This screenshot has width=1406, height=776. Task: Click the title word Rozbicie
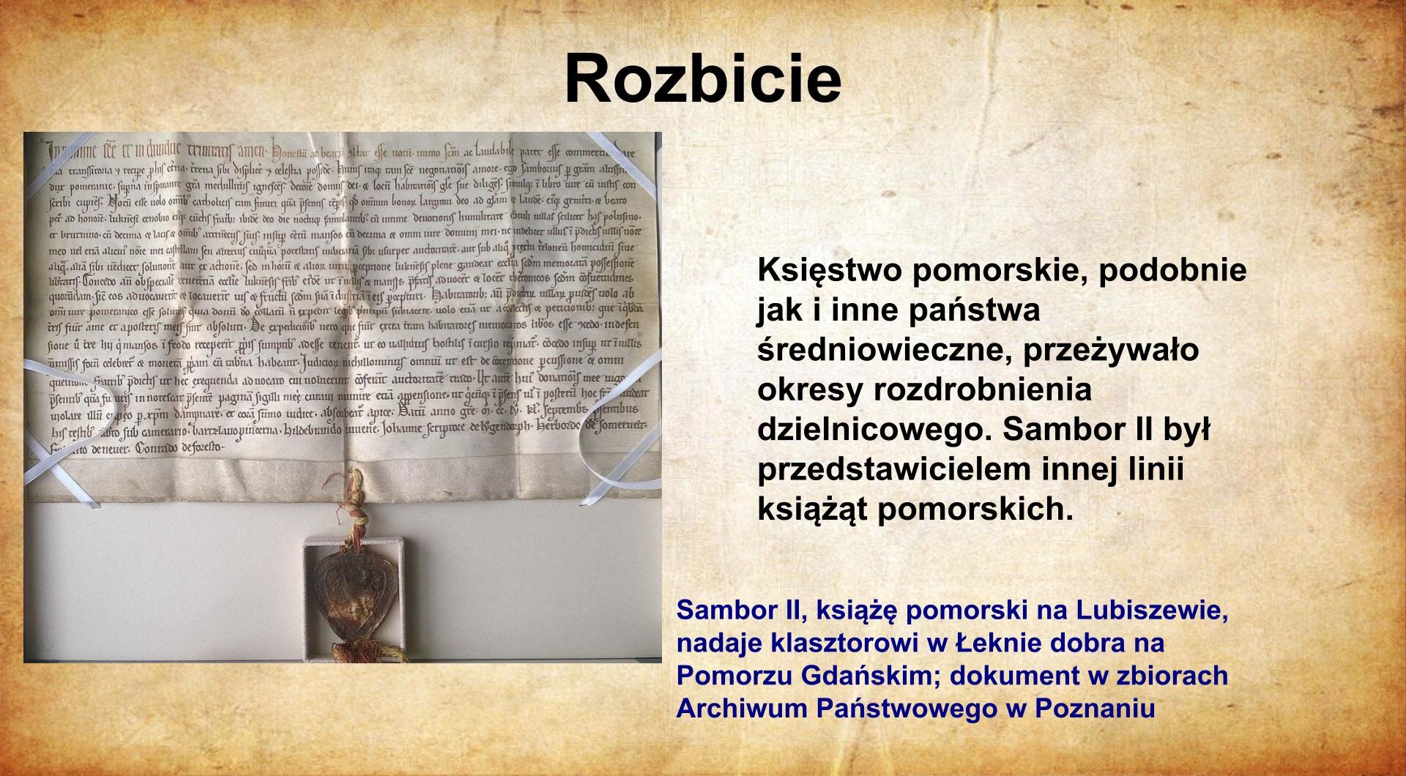click(702, 79)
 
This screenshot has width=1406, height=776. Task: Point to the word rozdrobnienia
click(983, 389)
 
